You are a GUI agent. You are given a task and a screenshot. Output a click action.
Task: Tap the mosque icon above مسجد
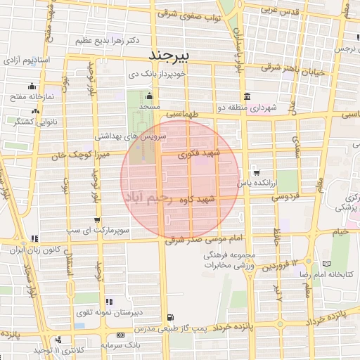tap(148, 96)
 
